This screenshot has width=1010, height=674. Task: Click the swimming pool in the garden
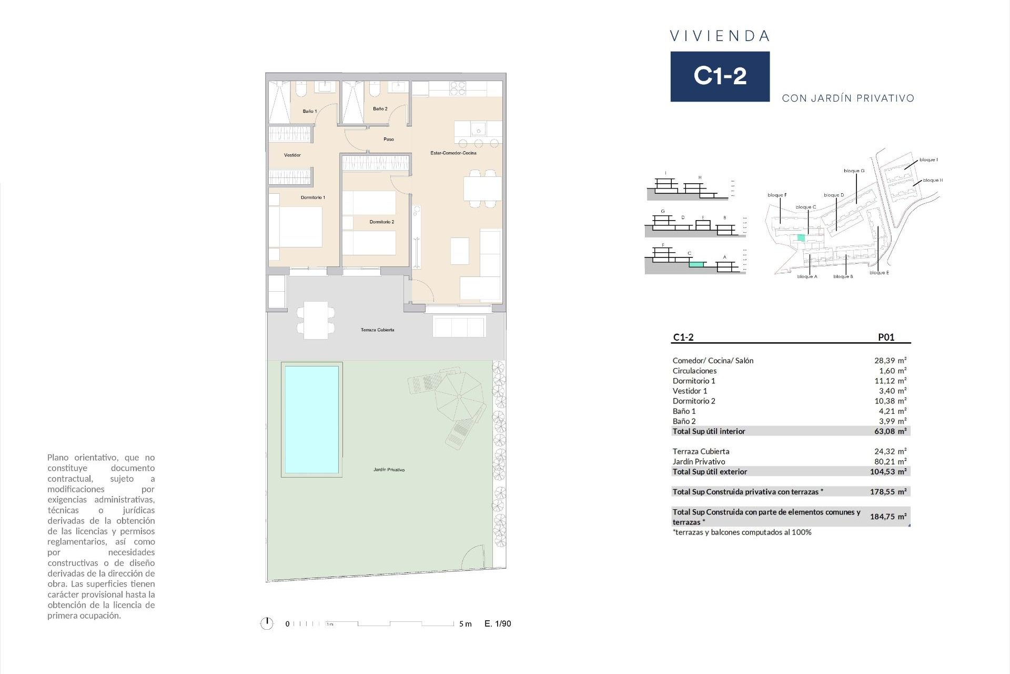311,420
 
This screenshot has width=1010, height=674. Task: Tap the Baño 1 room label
309,111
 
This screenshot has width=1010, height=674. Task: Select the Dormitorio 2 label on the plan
381,222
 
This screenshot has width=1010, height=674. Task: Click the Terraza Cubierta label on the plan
377,330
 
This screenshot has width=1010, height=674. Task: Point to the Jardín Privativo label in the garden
389,469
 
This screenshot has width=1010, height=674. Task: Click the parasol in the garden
459,395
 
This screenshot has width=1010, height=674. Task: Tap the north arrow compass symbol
267,623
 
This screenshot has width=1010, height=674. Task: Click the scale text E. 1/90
498,623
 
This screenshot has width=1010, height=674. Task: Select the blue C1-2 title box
720,76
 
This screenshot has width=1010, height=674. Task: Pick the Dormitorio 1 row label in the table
694,381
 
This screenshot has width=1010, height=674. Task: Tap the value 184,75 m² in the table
888,517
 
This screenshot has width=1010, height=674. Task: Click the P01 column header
886,337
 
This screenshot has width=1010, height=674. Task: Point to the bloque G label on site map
854,171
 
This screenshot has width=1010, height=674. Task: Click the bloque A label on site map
807,276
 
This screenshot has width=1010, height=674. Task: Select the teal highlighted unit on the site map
801,237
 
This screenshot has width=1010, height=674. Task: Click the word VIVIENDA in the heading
720,36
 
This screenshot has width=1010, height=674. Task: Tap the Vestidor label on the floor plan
292,155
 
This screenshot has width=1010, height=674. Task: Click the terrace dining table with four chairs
316,320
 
